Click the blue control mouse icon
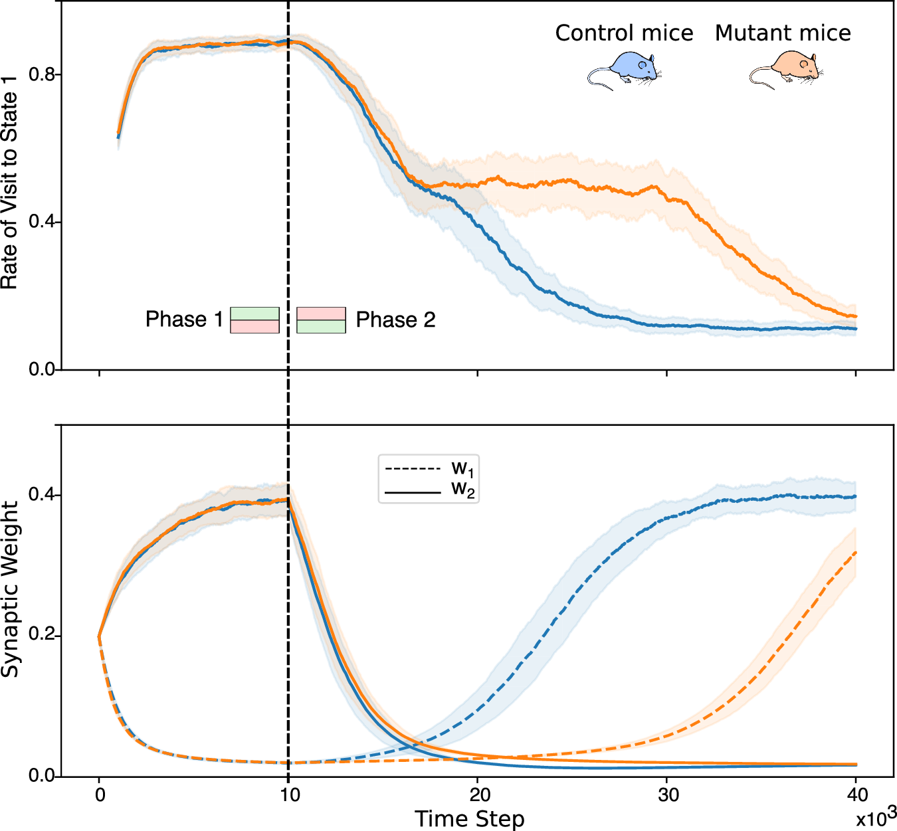click(624, 70)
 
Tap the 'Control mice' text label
click(624, 33)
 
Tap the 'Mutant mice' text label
click(783, 33)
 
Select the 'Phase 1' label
click(184, 320)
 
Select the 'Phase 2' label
click(395, 320)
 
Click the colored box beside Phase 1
click(254, 320)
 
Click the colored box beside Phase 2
click(321, 320)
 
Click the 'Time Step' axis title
click(469, 819)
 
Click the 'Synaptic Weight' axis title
click(10, 590)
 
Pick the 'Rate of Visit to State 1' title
click(10, 190)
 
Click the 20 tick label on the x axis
click(479, 794)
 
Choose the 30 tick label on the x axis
click(668, 794)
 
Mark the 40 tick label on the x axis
click(856, 794)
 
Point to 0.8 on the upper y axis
click(41, 74)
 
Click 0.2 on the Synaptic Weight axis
click(41, 636)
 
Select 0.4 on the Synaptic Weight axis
click(41, 496)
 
